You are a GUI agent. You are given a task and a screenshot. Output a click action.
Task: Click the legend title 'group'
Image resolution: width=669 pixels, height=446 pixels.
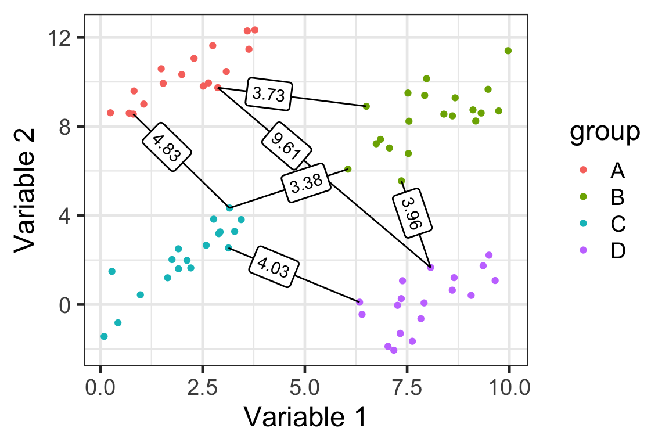605,132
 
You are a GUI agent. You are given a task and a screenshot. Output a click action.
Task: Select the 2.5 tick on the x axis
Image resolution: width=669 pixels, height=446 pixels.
203,386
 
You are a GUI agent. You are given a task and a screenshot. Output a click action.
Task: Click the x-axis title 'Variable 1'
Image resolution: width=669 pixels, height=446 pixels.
305,417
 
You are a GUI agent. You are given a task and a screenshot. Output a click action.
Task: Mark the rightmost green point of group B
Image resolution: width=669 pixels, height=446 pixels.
508,51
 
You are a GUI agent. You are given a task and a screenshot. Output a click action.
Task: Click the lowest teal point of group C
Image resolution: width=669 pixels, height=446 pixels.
104,336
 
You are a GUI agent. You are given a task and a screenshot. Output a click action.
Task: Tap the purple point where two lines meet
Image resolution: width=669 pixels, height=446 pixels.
430,267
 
